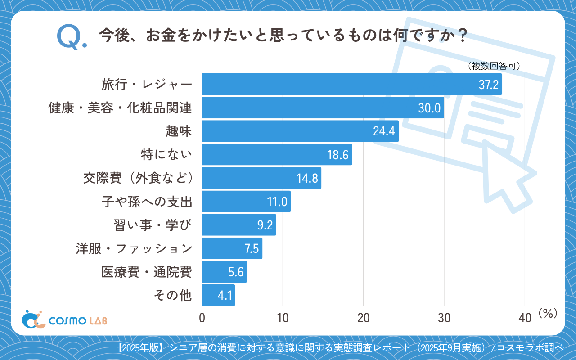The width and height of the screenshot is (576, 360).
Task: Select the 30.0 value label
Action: pyautogui.click(x=429, y=108)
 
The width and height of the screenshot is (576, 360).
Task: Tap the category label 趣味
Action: pyautogui.click(x=179, y=131)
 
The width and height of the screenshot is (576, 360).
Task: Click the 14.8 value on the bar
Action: pyautogui.click(x=307, y=178)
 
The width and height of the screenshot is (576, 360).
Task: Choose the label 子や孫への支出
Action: pyautogui.click(x=147, y=202)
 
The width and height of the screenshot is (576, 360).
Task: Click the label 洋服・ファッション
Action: pyautogui.click(x=134, y=248)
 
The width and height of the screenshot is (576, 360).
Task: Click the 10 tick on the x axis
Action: pyautogui.click(x=283, y=318)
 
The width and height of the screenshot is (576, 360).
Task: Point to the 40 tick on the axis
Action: pyautogui.click(x=525, y=318)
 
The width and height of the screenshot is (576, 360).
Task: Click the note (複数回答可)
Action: pyautogui.click(x=494, y=66)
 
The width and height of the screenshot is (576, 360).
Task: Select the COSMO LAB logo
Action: pyautogui.click(x=64, y=319)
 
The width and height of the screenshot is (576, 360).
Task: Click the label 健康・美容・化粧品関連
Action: pyautogui.click(x=120, y=108)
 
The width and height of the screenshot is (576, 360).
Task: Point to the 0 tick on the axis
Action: pyautogui.click(x=202, y=318)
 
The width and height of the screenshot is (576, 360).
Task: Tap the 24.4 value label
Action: pyautogui.click(x=384, y=131)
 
